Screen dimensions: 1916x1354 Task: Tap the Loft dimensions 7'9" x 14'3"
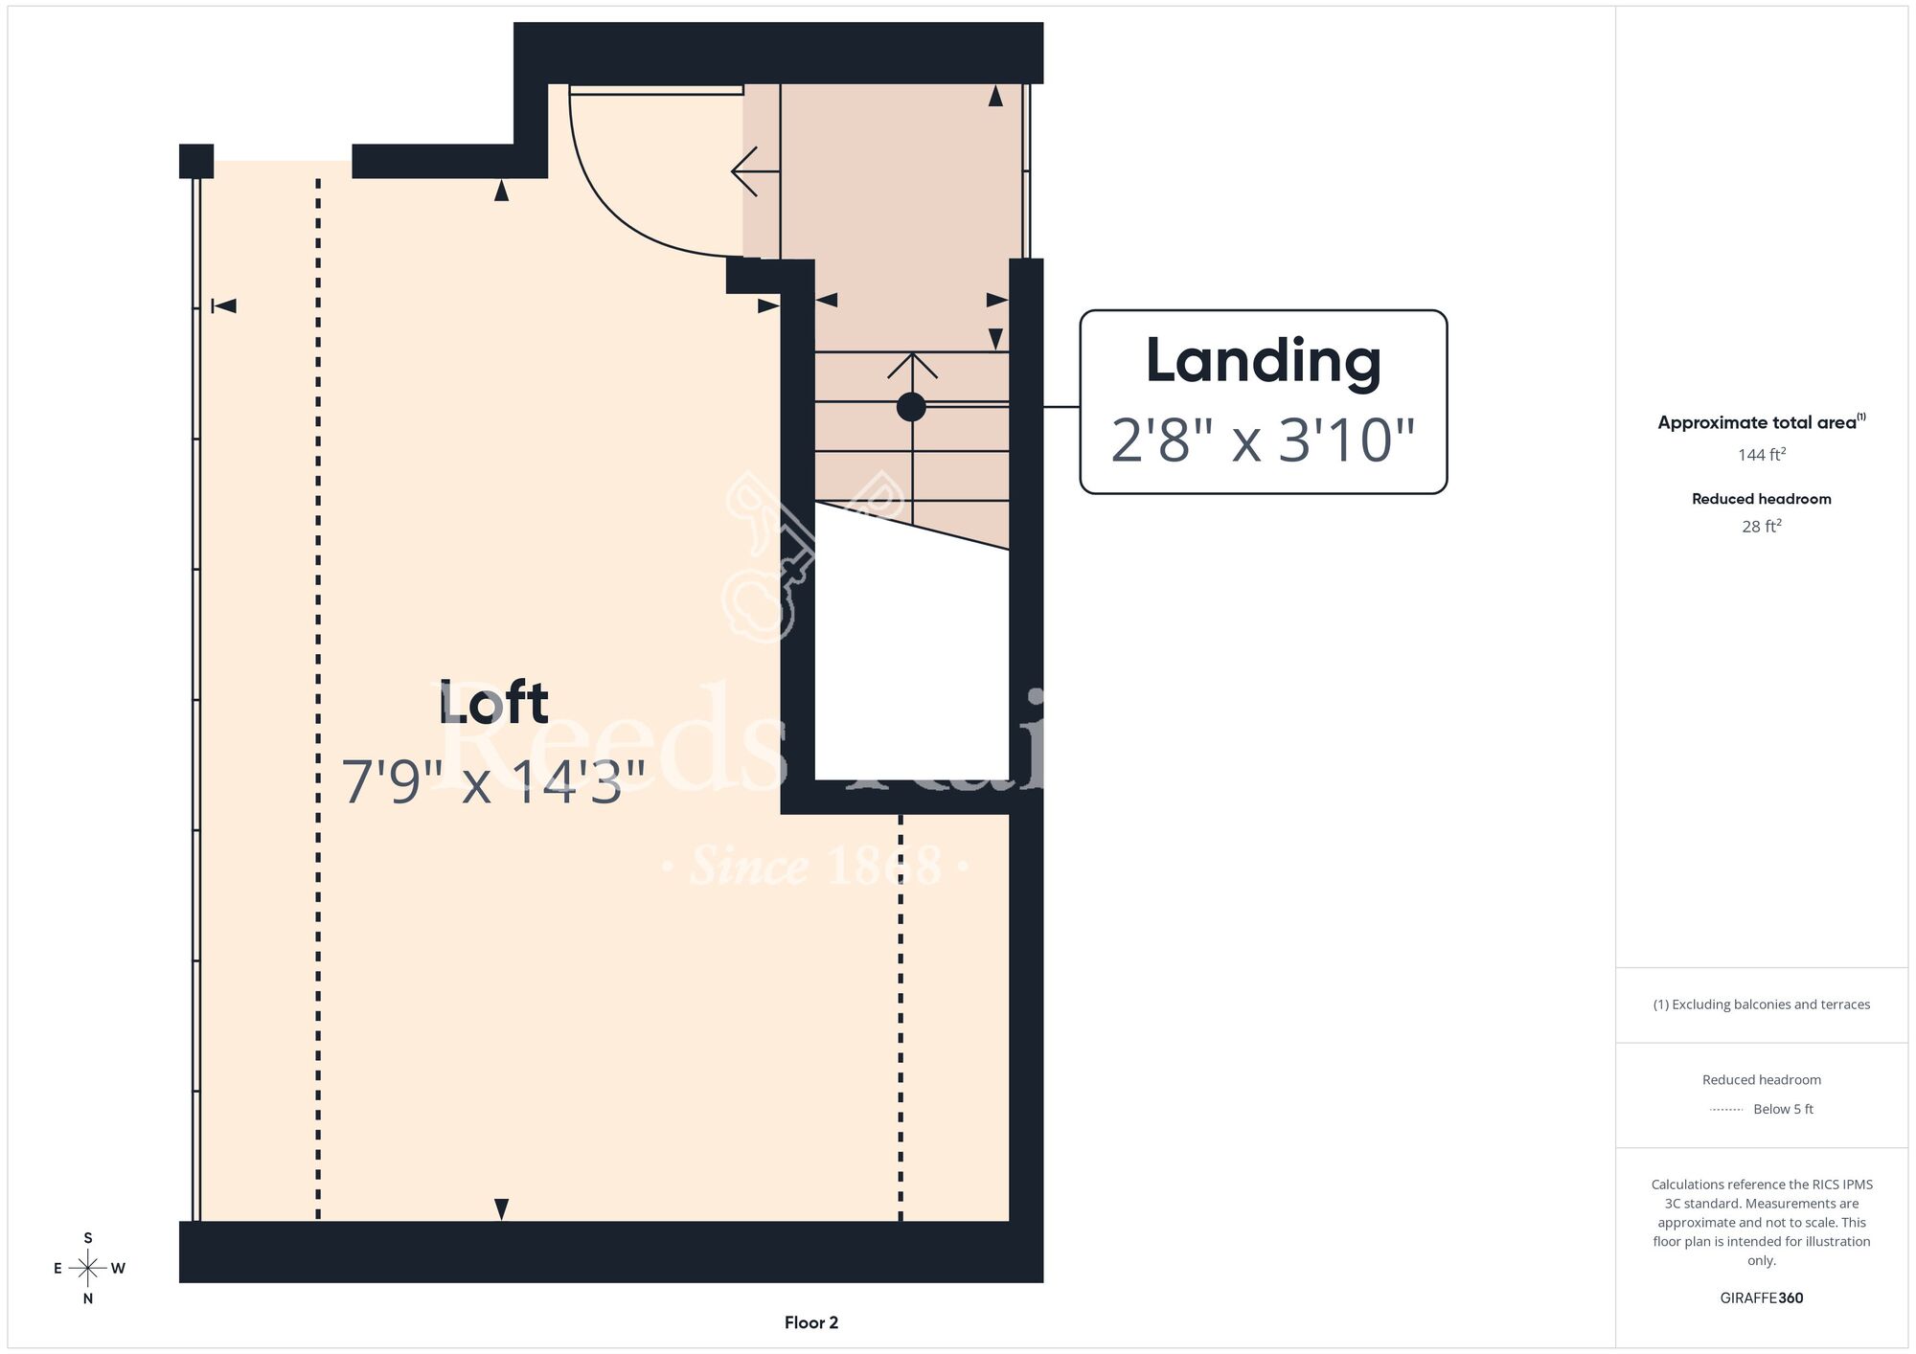tap(494, 781)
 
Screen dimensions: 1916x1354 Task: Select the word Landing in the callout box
tap(1263, 363)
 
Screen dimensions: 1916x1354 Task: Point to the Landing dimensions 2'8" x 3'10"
tap(1263, 440)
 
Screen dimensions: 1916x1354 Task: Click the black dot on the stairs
tap(911, 407)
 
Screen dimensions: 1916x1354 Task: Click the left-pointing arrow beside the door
tap(756, 171)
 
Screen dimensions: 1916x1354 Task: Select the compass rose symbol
tap(88, 1268)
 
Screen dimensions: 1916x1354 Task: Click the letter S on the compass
tap(88, 1238)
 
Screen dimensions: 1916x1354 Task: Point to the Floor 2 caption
tap(811, 1322)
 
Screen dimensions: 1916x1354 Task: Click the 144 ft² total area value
tap(1762, 454)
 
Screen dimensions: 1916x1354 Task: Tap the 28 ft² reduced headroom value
tap(1762, 526)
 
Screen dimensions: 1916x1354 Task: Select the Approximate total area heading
tap(1762, 422)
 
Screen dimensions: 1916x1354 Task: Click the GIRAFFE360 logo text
tap(1762, 1298)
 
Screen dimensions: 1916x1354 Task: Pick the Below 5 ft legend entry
tap(1762, 1109)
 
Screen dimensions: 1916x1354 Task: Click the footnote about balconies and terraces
tap(1762, 1004)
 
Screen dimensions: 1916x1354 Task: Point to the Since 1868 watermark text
tap(815, 866)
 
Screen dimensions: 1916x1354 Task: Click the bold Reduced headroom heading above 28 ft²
tap(1762, 499)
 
